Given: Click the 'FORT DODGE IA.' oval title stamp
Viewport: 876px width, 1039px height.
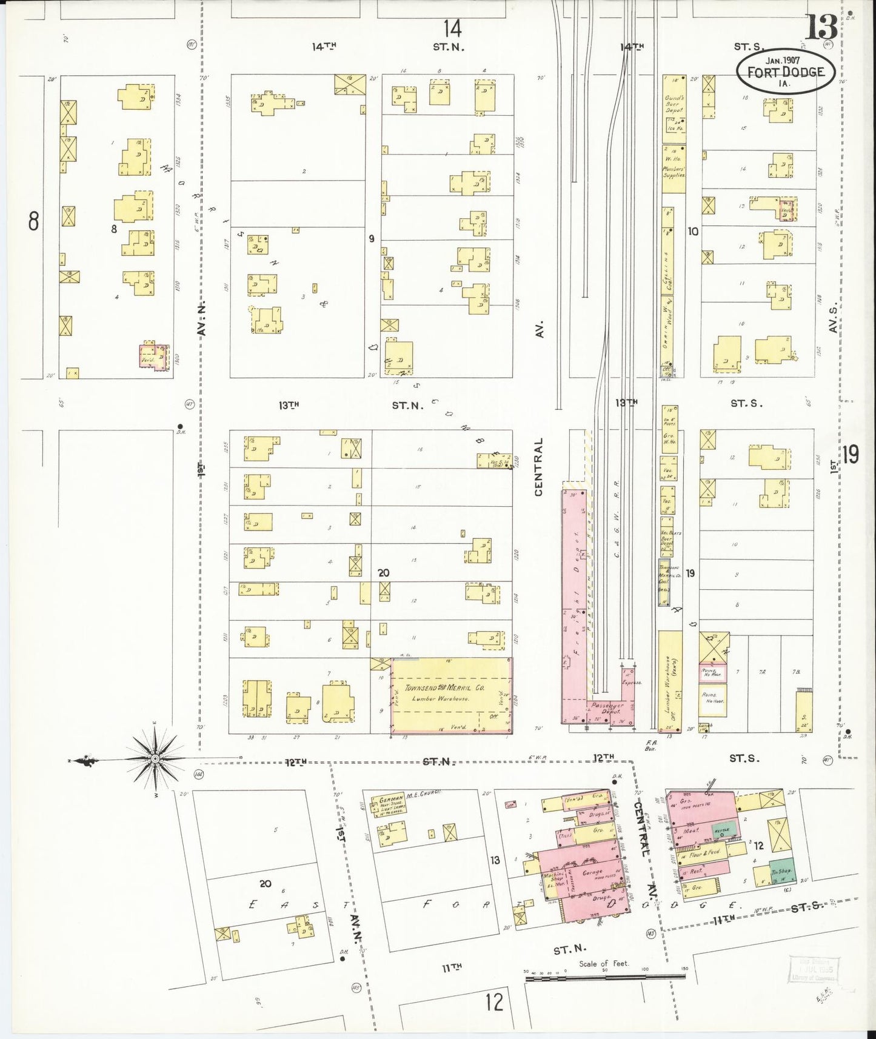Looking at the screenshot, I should click(786, 72).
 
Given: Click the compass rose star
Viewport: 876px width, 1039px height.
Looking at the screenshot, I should click(155, 758).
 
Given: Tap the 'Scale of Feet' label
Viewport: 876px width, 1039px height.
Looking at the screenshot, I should click(603, 963).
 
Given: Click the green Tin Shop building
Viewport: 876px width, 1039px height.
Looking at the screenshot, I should click(781, 872).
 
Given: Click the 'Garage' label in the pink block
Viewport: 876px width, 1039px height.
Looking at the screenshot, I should click(592, 872).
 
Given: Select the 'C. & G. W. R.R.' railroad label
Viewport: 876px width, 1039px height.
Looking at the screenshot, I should click(615, 515).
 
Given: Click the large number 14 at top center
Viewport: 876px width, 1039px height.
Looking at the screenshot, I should click(451, 28).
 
